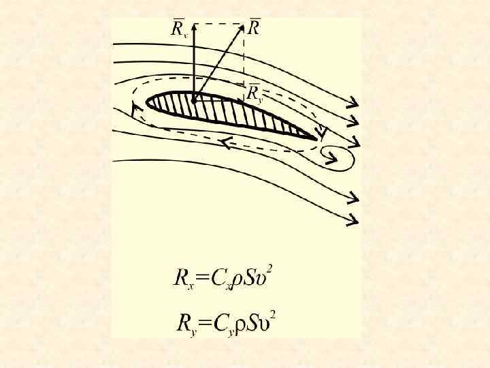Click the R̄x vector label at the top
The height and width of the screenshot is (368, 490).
point(179,29)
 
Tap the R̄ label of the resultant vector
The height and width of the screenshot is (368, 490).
point(255,28)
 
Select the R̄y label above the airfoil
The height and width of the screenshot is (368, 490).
point(255,94)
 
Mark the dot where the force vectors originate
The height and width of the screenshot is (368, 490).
point(194,101)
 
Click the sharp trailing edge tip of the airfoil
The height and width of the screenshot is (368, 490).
point(317,139)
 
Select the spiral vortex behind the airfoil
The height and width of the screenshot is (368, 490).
point(336,157)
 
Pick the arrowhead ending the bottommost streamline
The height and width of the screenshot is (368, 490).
point(353,221)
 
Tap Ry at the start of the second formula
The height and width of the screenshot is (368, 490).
point(185,322)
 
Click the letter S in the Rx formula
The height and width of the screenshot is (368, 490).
point(251,278)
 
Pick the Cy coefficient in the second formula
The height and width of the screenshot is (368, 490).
point(225,323)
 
